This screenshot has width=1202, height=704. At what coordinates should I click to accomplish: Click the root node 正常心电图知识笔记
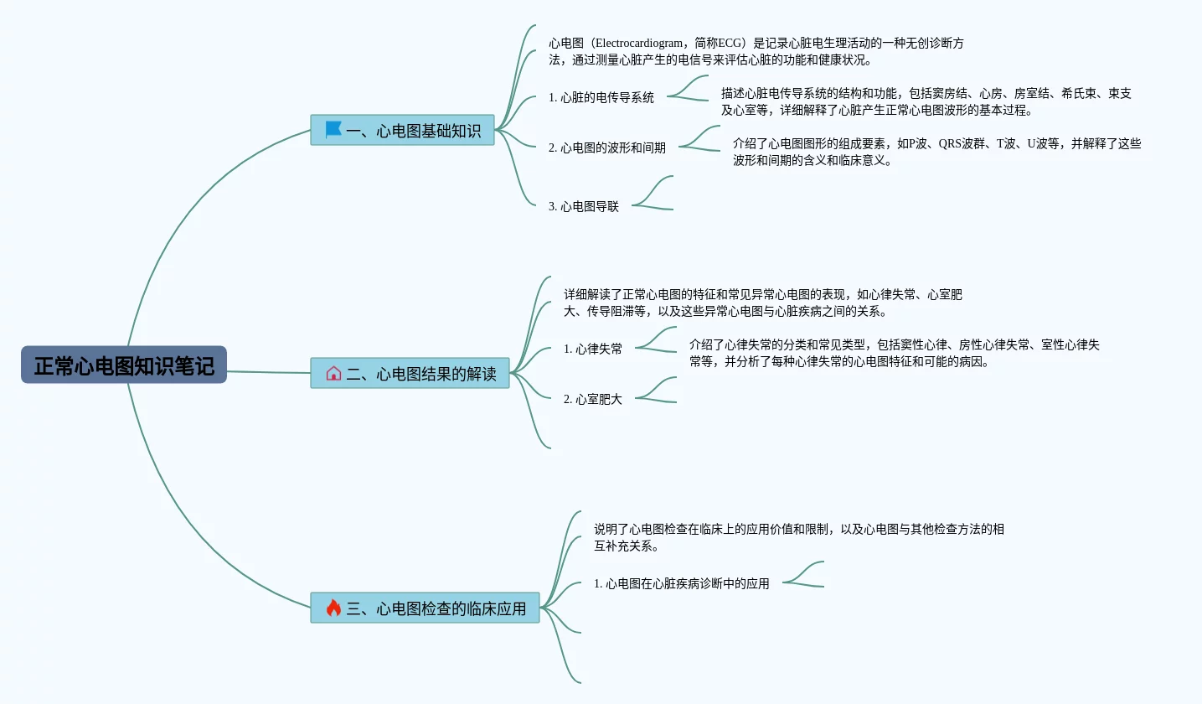coord(124,365)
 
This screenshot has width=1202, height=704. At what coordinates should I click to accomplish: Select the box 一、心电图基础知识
coord(402,130)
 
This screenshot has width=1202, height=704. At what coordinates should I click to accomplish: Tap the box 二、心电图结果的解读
coord(410,373)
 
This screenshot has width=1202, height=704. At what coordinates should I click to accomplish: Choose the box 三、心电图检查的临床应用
coord(425,608)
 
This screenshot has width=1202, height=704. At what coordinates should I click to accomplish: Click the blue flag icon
coord(333,130)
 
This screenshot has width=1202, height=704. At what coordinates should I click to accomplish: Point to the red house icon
coord(333,373)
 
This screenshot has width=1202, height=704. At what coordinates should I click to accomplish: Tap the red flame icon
coord(333,608)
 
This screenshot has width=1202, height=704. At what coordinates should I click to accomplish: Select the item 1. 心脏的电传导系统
coord(601,97)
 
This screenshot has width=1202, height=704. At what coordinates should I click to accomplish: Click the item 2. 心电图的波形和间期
coord(607,148)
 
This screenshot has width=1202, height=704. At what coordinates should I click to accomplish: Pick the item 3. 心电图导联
coord(584,206)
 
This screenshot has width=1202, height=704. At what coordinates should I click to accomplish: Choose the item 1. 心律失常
coord(593,349)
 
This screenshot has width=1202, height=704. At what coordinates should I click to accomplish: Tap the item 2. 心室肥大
coord(593,399)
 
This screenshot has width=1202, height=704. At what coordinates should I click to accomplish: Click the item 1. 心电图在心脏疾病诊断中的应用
coord(682,583)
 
